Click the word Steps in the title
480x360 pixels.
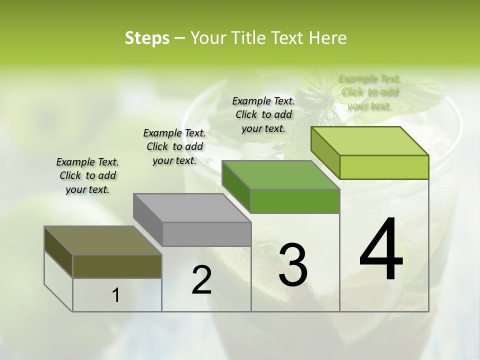click(147, 38)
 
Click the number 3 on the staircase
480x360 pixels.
click(293, 265)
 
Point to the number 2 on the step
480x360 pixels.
click(202, 280)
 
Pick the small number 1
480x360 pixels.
click(116, 295)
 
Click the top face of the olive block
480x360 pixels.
click(102, 240)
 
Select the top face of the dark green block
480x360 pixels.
click(280, 175)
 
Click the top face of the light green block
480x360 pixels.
click(369, 141)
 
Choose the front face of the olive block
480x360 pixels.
click(117, 266)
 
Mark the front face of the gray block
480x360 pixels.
click(206, 234)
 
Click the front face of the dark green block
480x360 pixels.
click(295, 201)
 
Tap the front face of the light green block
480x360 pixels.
click(384, 167)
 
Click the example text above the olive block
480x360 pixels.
click(87, 175)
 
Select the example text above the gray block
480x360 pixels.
click(174, 146)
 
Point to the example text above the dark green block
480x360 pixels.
click(263, 114)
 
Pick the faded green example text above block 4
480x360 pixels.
click(369, 92)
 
